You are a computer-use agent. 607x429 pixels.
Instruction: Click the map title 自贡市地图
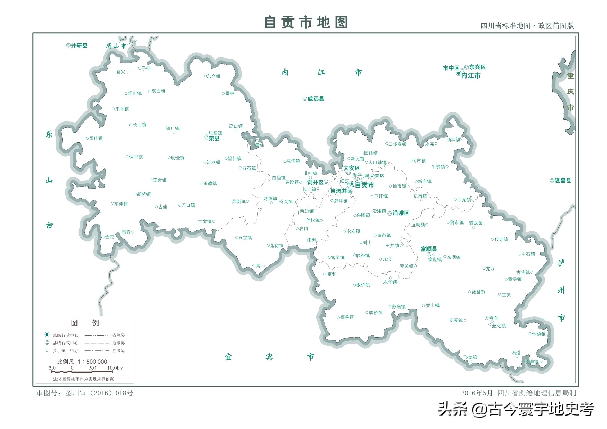[306, 22]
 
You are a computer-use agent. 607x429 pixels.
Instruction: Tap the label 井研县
[79, 46]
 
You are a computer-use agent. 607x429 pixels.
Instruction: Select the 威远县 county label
[316, 99]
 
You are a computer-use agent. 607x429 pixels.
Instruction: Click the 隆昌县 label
[563, 181]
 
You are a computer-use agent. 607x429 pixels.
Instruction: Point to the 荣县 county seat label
[214, 138]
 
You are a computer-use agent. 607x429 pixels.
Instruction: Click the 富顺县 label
[428, 249]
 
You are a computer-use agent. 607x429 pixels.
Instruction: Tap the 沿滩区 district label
[401, 213]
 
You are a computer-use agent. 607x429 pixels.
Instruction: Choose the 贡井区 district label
[315, 182]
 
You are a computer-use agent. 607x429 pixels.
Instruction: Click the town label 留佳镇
[96, 138]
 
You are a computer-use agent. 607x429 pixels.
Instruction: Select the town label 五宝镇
[245, 238]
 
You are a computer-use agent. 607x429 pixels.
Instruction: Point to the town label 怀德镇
[538, 334]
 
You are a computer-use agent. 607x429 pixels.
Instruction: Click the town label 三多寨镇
[397, 144]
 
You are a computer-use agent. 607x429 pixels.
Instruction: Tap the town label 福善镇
[347, 317]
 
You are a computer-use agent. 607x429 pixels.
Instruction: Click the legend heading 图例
[85, 323]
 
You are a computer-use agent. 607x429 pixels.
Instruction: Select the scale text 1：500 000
[92, 362]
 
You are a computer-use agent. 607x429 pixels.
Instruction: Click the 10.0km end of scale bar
[115, 368]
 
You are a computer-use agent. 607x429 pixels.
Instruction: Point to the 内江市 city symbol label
[471, 75]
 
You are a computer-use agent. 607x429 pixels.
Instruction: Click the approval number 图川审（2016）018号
[99, 393]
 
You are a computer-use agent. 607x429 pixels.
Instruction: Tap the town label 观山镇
[135, 93]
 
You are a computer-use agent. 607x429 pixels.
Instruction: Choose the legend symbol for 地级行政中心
[47, 335]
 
